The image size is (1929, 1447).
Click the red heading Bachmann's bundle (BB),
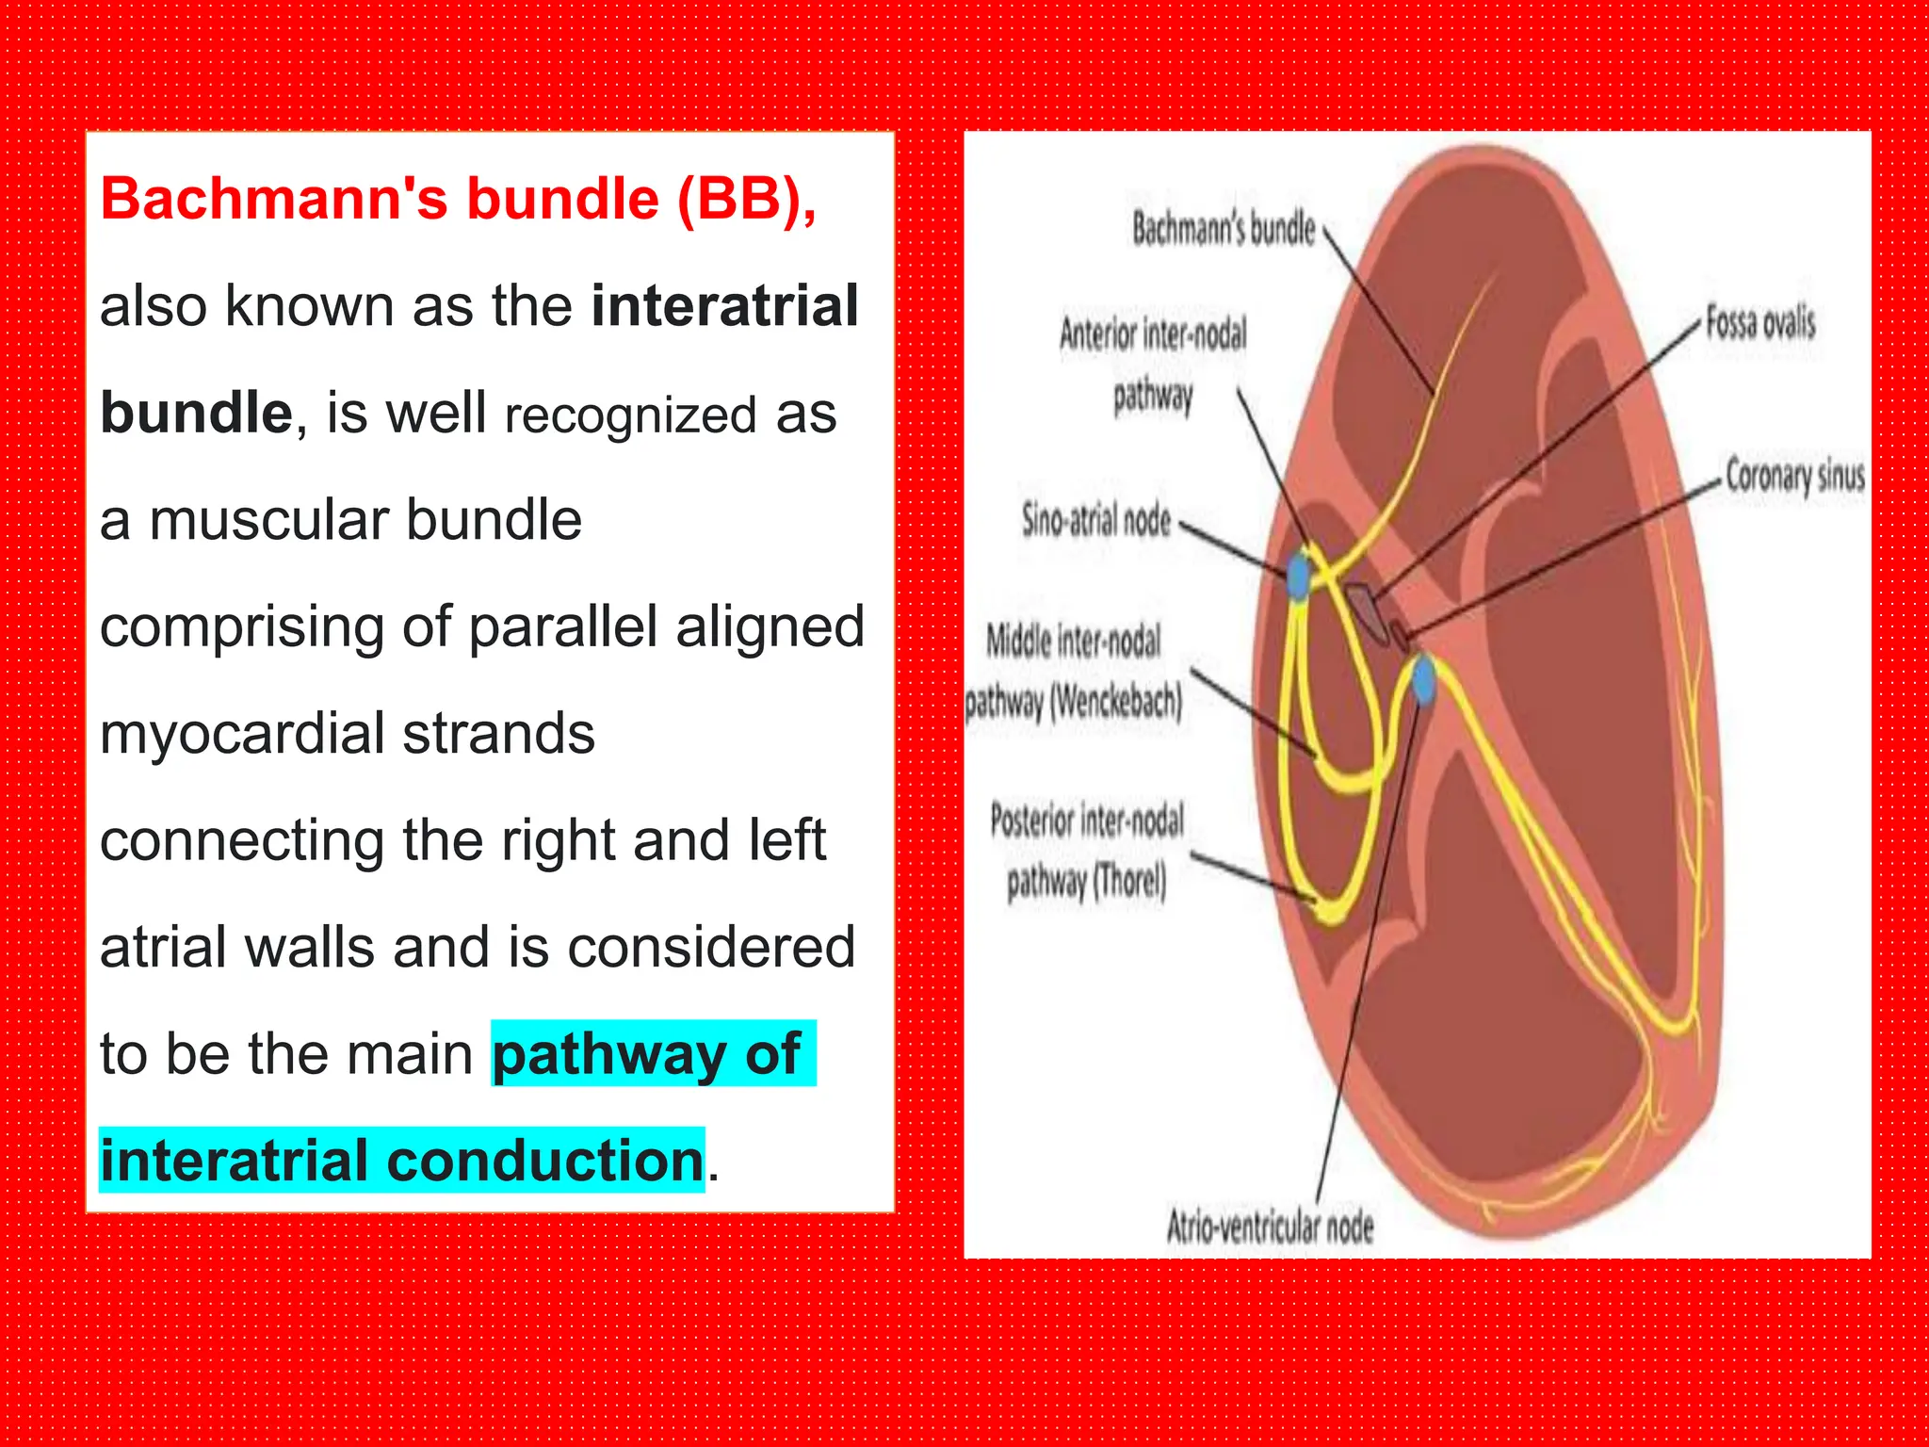458,200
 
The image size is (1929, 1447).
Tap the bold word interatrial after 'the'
724,306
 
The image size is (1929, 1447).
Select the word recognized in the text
630,415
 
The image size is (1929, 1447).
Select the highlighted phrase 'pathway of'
650,1054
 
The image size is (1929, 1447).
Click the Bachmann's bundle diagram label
1223,229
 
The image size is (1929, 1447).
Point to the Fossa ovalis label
1759,323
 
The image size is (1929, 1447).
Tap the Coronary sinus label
1794,476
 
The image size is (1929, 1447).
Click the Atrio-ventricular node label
1270,1227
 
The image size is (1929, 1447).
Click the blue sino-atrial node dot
1299,575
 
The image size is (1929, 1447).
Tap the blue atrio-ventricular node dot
1424,680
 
